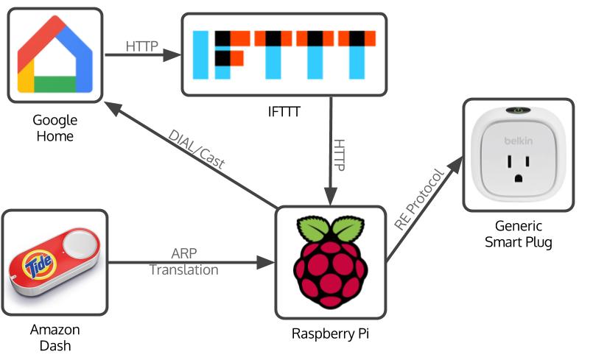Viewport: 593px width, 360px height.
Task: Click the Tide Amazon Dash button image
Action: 55,263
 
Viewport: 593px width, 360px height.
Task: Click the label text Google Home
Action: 55,128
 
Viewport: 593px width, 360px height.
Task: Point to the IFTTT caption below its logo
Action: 284,113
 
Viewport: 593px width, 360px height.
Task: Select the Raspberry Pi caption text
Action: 330,333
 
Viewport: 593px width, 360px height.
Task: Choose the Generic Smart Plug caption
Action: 519,233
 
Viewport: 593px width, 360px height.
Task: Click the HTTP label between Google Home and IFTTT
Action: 141,46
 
